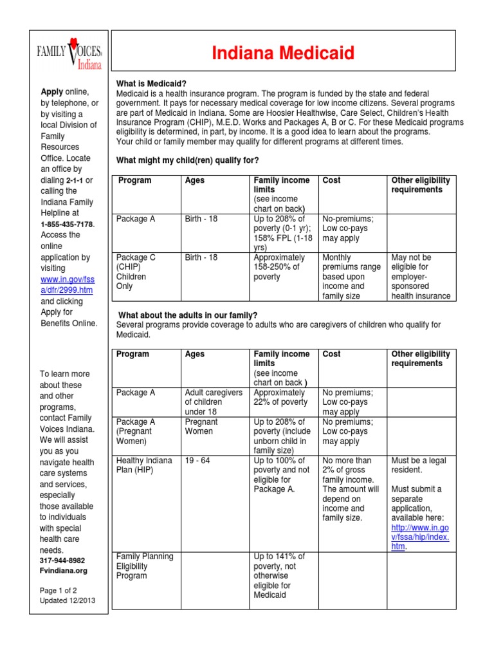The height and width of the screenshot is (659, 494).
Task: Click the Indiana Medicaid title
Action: tap(283, 53)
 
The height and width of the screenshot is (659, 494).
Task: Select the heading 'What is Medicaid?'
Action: tap(151, 84)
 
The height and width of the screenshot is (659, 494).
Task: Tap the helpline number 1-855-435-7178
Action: tap(68, 224)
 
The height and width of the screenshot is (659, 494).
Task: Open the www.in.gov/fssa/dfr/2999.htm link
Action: tap(67, 285)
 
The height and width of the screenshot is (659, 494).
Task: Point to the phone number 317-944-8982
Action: tap(63, 561)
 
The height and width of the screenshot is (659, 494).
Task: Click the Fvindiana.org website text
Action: tap(63, 570)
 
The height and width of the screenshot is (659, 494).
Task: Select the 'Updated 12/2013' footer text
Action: tap(67, 600)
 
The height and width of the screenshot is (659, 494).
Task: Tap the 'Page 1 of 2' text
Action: tap(58, 590)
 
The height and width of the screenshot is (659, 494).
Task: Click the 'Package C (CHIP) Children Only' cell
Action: tap(135, 272)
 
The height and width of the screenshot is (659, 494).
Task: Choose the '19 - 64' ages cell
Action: tap(196, 461)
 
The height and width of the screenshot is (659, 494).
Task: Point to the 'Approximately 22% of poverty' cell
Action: tap(280, 397)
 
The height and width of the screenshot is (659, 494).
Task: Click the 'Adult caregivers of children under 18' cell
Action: tap(214, 402)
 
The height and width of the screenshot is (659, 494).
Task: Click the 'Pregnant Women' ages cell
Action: tap(201, 427)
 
